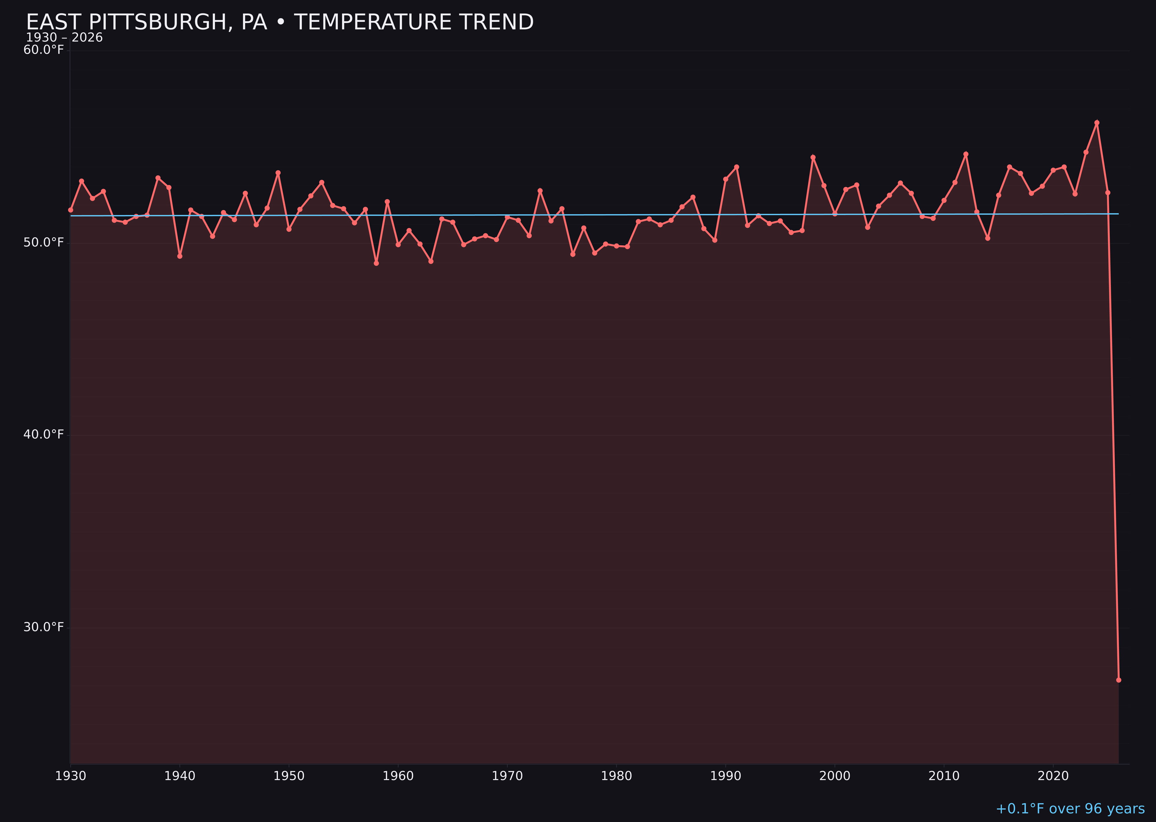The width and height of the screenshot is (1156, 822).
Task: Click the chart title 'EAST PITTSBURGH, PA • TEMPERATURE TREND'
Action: tap(279, 22)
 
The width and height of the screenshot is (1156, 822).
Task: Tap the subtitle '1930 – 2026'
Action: tap(64, 38)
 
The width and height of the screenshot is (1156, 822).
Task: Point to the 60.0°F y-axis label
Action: tap(44, 50)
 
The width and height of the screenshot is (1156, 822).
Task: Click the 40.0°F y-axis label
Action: tap(44, 435)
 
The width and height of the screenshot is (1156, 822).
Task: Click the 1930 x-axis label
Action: tap(70, 776)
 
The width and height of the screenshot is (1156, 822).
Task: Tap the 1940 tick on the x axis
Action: tap(180, 776)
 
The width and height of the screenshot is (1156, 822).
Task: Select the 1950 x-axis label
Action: tap(289, 776)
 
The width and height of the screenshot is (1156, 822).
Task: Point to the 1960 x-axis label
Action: tap(398, 776)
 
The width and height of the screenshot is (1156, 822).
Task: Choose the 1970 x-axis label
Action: tap(507, 776)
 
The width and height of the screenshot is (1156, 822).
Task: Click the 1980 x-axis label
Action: tap(616, 776)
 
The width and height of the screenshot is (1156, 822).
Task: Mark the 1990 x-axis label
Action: tap(726, 776)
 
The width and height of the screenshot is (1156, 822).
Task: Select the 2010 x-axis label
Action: tap(944, 776)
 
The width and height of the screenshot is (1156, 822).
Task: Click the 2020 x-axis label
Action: tap(1053, 776)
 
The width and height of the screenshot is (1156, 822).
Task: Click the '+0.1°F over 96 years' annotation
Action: tap(1070, 809)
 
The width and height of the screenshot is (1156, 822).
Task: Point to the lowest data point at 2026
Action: tap(1118, 680)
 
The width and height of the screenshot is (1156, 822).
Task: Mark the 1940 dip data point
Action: tap(180, 256)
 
